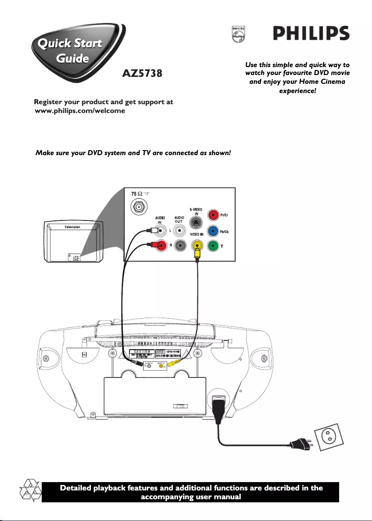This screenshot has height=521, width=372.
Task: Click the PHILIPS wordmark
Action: coord(310,34)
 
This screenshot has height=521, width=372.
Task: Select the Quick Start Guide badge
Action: coord(70,51)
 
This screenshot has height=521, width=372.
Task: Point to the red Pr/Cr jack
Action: coord(213,215)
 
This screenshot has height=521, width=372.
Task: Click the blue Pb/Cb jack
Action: coord(213,231)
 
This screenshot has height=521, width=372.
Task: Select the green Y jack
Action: coord(213,246)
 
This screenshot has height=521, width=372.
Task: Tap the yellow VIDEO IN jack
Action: coord(198,246)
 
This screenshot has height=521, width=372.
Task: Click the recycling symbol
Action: coord(29,491)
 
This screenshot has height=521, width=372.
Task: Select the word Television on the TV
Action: coord(72,227)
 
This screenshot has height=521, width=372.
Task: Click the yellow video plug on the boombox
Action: coord(174,364)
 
